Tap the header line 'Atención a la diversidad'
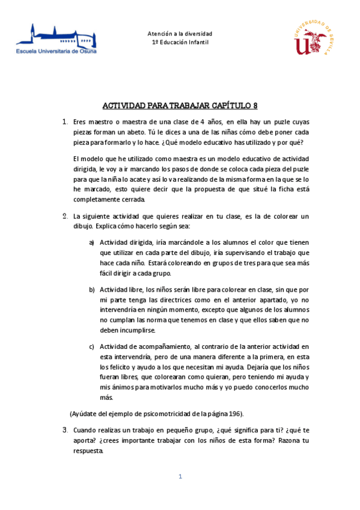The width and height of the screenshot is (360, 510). click(180, 34)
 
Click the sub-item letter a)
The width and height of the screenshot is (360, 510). click(91, 242)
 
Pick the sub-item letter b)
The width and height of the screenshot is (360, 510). click(91, 290)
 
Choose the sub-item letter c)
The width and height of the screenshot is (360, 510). click(91, 346)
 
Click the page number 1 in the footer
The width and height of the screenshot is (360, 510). click(180, 477)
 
